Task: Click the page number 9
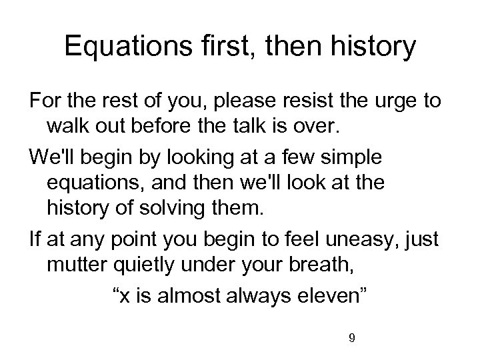[351, 338]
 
